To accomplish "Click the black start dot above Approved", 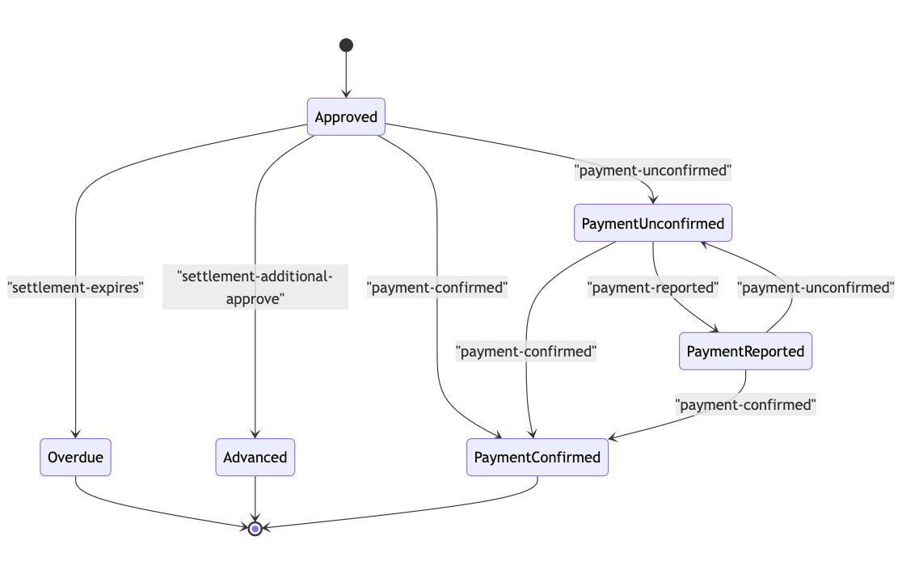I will coord(346,45).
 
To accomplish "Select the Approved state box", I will coord(346,117).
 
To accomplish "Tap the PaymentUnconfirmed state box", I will coord(652,223).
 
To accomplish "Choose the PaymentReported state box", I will coord(745,352).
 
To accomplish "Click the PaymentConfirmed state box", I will coord(537,458).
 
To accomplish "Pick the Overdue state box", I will coord(75,458).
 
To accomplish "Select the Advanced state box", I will coord(255,458).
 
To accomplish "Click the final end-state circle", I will coord(255,529).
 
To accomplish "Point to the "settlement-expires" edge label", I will coord(75,287).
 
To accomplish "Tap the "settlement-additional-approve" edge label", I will coord(255,287).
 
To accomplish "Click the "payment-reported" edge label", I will coord(652,287).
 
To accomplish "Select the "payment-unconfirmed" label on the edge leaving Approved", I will coord(652,171).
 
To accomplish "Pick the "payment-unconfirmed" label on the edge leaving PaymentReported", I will coord(816,287).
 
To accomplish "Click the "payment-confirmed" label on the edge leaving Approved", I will coord(437,287).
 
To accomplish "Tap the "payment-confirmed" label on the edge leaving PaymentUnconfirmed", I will coord(526,352).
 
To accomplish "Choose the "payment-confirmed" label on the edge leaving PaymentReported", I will coord(745,404).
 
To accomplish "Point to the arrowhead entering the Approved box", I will coord(346,94).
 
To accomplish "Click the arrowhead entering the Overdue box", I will coord(75,434).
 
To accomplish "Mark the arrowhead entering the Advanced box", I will coord(255,434).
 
